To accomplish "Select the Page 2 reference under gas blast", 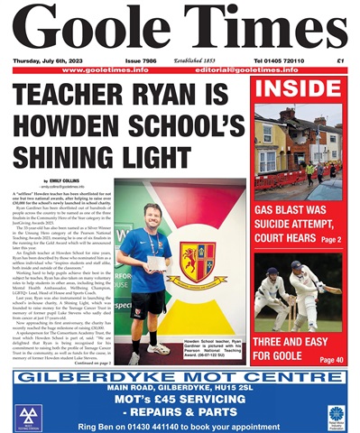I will coord(329,240).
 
